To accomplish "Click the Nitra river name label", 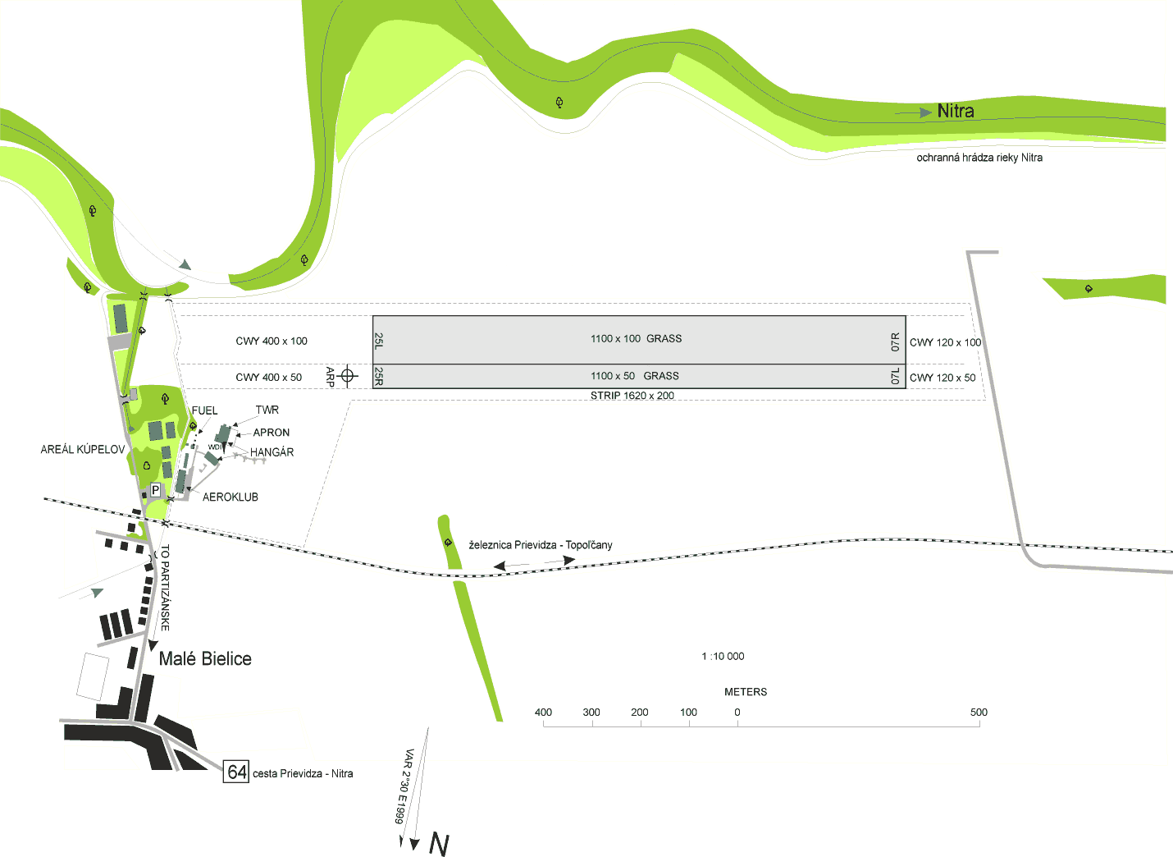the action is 955,111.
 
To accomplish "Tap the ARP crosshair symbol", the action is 347,375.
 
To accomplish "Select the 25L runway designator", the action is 379,341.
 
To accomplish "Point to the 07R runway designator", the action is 895,341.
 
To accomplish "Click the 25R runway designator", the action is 379,376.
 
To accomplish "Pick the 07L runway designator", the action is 895,376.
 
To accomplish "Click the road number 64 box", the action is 236,772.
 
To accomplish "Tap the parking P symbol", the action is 156,490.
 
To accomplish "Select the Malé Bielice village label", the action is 205,658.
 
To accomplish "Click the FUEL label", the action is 204,410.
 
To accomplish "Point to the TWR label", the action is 267,410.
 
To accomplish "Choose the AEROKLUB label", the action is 230,497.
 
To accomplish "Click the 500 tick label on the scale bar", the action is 979,712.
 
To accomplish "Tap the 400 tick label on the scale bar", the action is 543,712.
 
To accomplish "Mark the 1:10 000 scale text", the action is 723,656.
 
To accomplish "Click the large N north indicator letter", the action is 439,845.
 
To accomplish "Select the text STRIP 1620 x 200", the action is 632,395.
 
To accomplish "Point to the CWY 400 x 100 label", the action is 272,341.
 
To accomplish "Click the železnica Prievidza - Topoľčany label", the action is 541,545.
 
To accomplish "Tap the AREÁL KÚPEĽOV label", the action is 83,449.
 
